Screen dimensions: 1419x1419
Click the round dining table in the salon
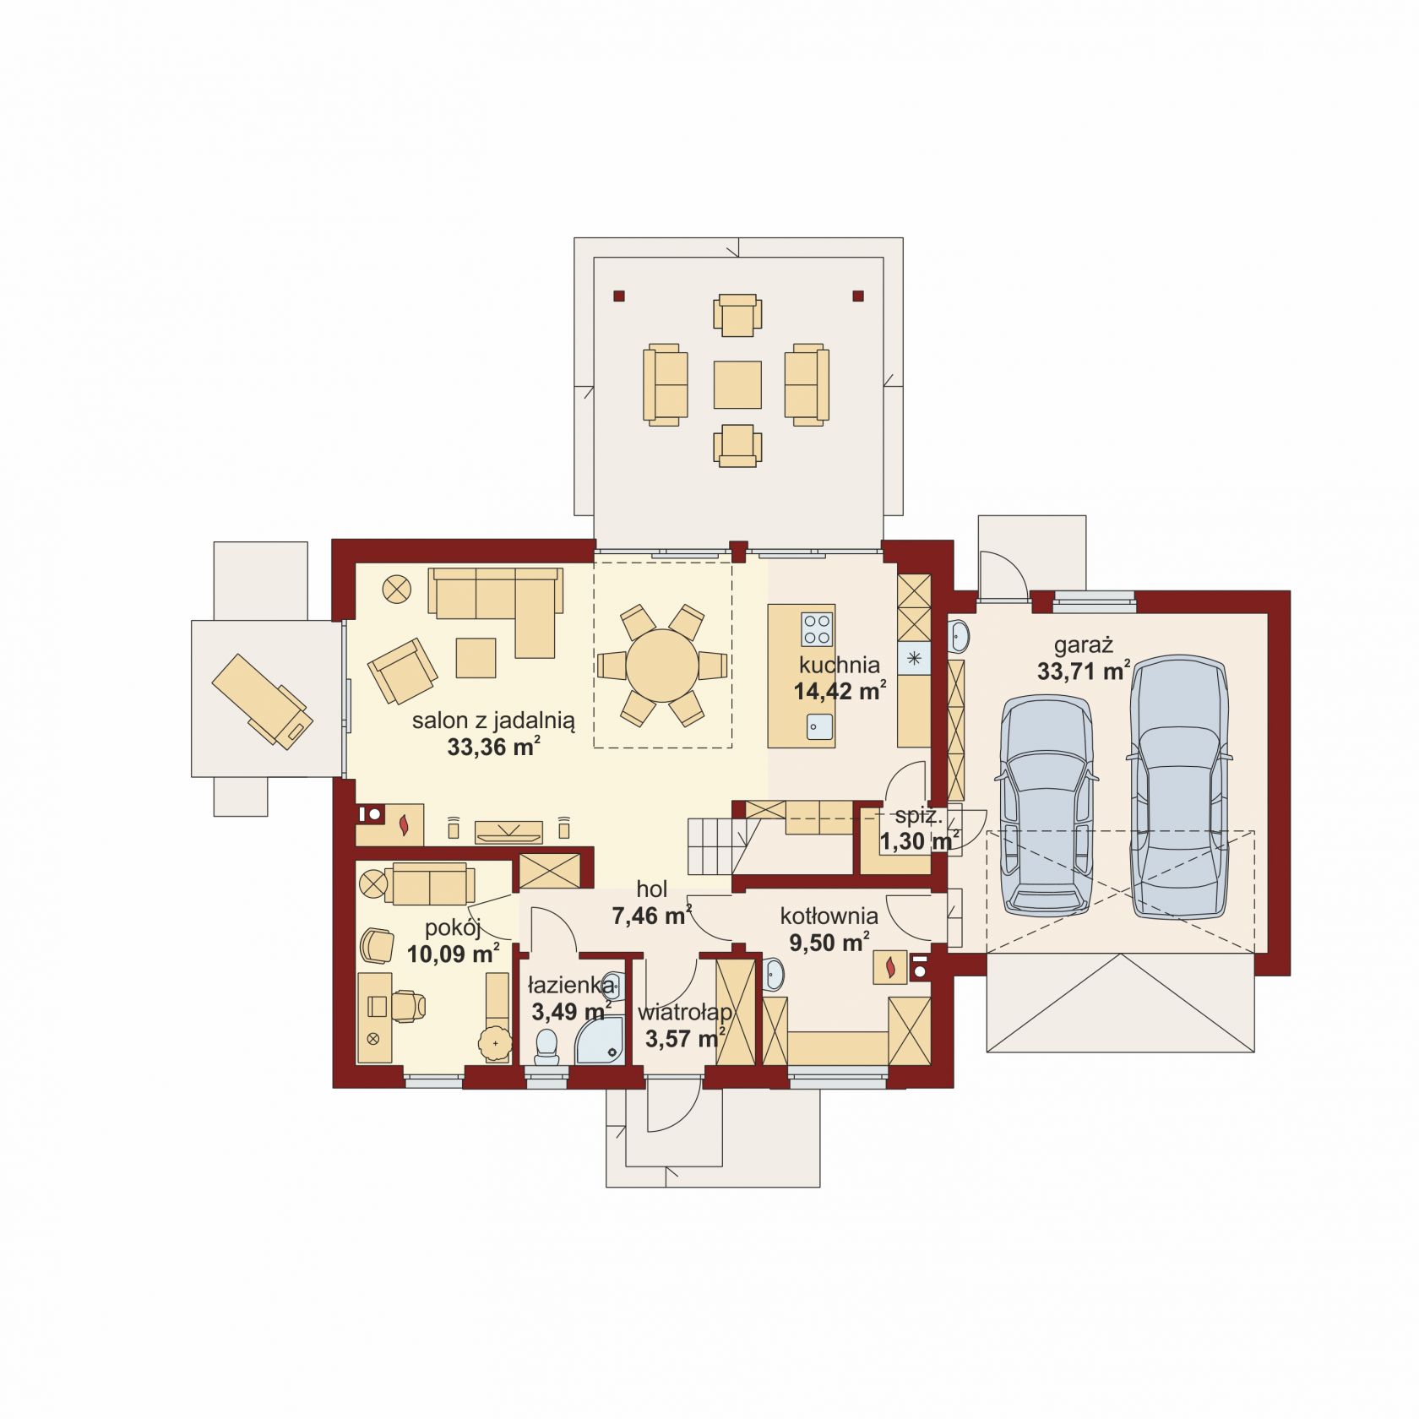[662, 666]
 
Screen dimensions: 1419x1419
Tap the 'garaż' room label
[1083, 645]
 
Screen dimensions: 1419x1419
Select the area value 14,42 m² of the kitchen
[840, 691]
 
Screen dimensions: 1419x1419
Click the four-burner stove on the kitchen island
[817, 628]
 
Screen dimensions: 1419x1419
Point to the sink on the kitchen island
[819, 726]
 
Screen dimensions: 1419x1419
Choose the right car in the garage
[1177, 788]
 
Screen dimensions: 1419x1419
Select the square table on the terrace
[737, 385]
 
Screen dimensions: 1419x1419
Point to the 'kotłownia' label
[829, 916]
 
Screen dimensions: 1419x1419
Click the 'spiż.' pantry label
[918, 816]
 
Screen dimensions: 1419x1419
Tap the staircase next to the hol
[718, 845]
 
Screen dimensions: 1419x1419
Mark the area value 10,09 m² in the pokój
[453, 954]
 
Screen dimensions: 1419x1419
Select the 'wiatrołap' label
[684, 1012]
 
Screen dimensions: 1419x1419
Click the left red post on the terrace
[619, 296]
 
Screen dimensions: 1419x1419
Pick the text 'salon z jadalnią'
[493, 720]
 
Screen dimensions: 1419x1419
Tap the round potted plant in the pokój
[495, 1044]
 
